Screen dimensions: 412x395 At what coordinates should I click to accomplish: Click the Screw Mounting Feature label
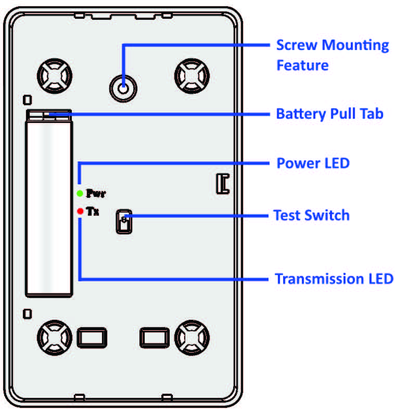click(x=332, y=55)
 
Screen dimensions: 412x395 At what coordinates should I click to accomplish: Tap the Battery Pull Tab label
click(x=329, y=114)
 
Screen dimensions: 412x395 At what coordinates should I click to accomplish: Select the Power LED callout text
click(x=312, y=163)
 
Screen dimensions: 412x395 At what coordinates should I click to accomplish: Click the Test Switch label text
click(x=311, y=215)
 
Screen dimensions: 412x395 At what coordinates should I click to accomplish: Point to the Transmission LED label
click(x=334, y=279)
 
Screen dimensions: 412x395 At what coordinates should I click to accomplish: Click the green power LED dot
click(x=80, y=194)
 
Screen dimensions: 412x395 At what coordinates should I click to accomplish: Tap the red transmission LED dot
click(x=80, y=211)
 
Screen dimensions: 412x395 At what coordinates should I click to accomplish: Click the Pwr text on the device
click(x=96, y=194)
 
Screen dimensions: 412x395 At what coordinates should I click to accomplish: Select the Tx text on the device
click(x=93, y=212)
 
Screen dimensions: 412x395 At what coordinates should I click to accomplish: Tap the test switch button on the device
click(x=124, y=222)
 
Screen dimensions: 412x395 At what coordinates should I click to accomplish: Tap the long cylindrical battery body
click(x=49, y=208)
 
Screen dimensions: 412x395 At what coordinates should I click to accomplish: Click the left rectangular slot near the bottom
click(x=92, y=338)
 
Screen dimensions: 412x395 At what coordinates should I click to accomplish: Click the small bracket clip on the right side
click(x=223, y=184)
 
